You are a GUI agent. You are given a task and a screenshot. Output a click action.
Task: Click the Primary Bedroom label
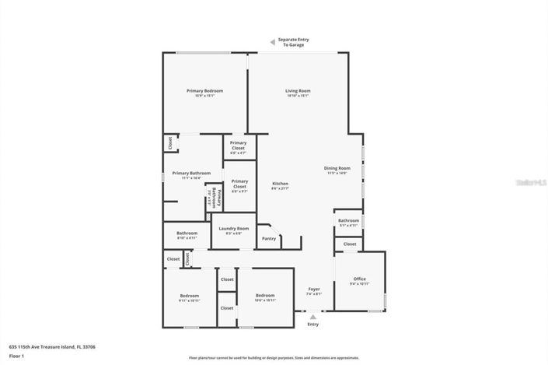pos(204,91)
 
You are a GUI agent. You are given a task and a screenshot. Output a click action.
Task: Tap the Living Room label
pos(298,91)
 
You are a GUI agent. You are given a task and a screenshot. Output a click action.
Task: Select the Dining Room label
pos(337,168)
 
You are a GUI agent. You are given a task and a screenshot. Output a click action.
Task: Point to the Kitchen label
pos(280,184)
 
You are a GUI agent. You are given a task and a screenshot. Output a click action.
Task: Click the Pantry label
pos(269,238)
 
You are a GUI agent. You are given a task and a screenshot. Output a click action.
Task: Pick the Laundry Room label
pos(233,229)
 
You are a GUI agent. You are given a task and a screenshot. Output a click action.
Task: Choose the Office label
pos(359,279)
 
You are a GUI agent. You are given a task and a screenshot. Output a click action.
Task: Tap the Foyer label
pos(313,290)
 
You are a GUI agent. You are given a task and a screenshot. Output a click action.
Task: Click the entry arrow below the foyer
pos(313,317)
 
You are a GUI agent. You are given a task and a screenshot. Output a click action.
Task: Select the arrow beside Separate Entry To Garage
pos(271,42)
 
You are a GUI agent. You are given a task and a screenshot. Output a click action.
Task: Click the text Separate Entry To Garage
pos(293,43)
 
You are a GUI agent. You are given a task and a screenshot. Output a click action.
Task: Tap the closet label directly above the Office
pos(350,244)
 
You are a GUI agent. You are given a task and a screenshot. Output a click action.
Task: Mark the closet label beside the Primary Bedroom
pos(169,142)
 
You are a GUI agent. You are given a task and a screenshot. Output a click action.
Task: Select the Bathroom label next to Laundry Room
pos(187,233)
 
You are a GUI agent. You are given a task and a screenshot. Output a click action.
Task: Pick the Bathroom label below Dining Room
pos(348,220)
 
